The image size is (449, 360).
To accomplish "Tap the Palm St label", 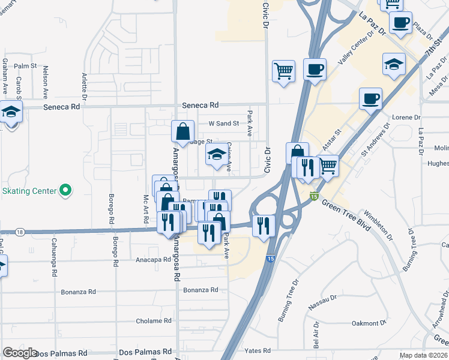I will click(26, 66).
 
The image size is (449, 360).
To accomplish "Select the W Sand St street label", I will click(223, 124).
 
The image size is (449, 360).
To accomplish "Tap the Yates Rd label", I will click(258, 350).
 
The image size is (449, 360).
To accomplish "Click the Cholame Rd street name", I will click(154, 321).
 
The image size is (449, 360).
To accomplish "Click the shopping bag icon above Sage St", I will click(183, 131).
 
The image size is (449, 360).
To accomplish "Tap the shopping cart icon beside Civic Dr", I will click(283, 71).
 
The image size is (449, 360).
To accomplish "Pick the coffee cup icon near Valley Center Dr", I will click(315, 69).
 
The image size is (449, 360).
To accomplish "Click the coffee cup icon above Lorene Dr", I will click(370, 97).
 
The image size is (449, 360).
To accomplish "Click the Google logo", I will click(20, 353).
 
